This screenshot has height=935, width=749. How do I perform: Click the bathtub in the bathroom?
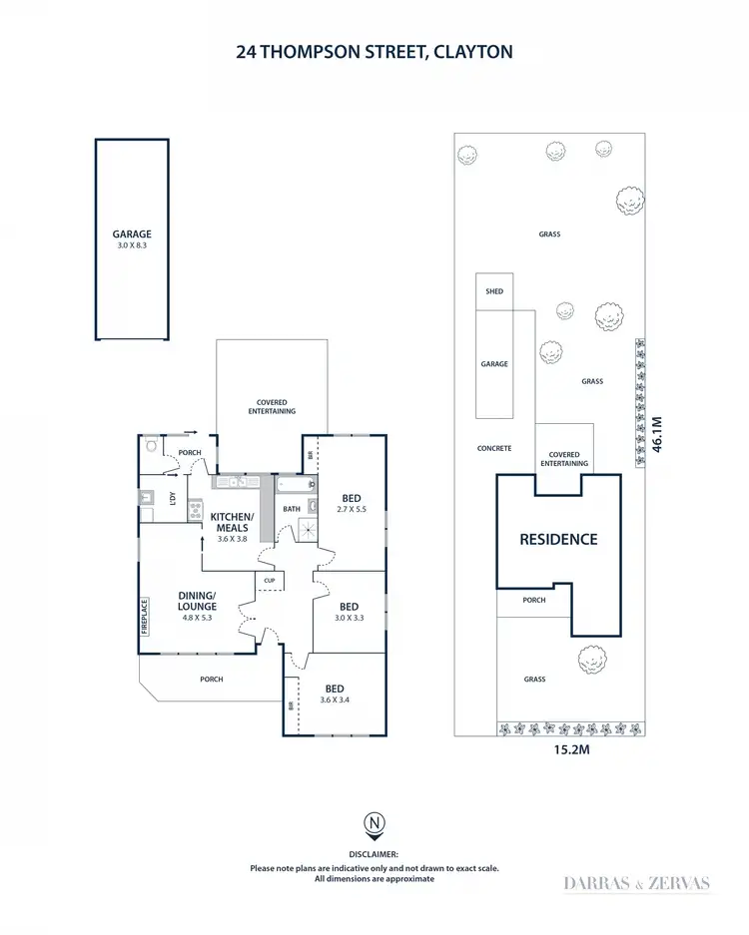[294, 486]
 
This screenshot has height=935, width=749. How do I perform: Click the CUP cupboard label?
[270, 580]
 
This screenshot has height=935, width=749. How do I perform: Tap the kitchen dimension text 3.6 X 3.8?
[232, 539]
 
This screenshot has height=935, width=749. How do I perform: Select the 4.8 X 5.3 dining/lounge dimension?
[197, 617]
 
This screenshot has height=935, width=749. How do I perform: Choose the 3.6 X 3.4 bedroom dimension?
[335, 700]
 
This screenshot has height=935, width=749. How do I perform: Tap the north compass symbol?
[374, 824]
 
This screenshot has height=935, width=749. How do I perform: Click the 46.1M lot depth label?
[657, 435]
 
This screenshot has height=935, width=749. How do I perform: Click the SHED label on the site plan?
[494, 291]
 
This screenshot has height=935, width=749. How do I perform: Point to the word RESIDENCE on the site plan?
[558, 539]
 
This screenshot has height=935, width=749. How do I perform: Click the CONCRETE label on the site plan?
[494, 448]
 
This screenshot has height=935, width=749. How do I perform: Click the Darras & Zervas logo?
[637, 882]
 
